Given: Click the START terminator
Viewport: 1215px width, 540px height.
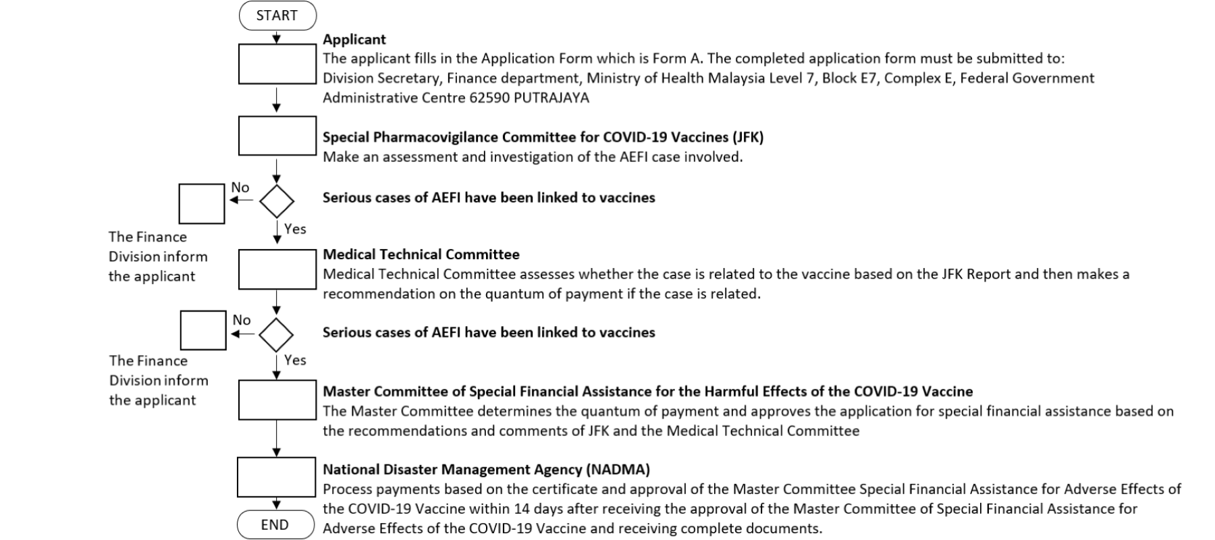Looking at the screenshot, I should (x=277, y=16).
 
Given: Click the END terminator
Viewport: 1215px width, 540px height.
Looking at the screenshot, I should (x=275, y=524).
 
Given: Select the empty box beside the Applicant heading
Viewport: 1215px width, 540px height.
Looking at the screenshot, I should (x=277, y=64).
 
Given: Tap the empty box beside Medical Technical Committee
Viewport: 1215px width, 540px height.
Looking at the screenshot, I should (x=277, y=269).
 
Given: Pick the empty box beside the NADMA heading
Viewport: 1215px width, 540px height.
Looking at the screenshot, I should (x=276, y=477).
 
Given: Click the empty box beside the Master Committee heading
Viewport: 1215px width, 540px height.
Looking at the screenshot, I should (x=277, y=400).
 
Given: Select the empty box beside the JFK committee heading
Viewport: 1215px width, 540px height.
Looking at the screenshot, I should (x=277, y=136).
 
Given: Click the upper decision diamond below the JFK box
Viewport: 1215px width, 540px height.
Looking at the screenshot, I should (x=277, y=200).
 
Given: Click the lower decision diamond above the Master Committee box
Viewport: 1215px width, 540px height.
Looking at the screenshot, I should (x=276, y=334).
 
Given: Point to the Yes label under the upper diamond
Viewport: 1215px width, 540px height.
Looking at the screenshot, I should (x=295, y=229).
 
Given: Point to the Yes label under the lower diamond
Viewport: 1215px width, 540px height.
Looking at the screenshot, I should (x=295, y=360).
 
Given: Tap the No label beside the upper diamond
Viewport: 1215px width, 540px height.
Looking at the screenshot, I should (x=240, y=188).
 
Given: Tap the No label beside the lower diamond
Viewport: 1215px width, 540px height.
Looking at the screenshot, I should (x=242, y=320).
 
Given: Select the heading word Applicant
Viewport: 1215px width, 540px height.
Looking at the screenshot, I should (x=354, y=39).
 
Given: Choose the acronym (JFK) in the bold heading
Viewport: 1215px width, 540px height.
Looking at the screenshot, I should (x=748, y=137).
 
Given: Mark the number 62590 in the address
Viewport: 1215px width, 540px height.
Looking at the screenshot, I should (x=489, y=98).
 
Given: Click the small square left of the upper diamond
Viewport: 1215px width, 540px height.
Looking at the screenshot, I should (x=202, y=203).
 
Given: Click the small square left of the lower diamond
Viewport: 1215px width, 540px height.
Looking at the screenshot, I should (x=203, y=330).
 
